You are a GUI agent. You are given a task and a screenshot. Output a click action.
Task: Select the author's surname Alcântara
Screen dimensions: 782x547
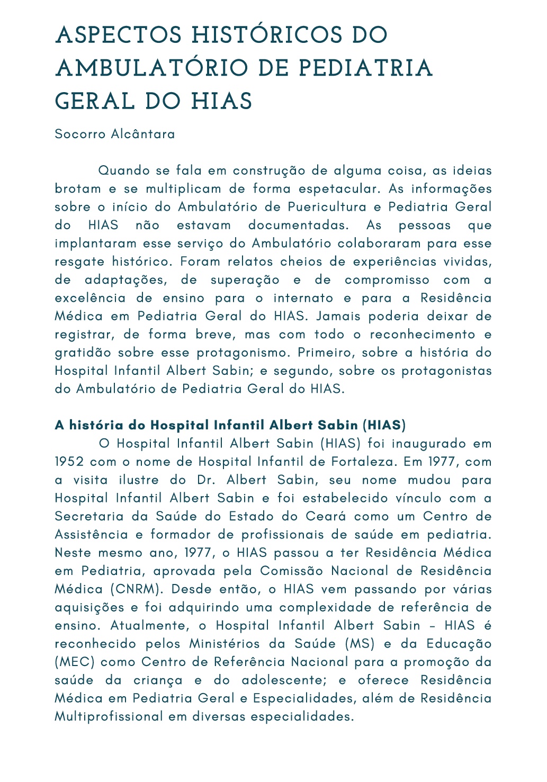(143, 134)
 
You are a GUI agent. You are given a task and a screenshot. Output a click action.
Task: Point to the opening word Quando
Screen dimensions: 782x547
(124, 170)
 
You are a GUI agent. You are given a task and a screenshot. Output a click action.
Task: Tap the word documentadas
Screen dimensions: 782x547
(299, 225)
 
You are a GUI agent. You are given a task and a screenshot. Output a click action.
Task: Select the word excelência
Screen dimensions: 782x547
(90, 298)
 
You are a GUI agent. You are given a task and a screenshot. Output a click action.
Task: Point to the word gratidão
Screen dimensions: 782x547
(83, 353)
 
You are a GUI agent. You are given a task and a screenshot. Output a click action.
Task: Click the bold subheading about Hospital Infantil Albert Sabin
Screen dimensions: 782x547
(230, 425)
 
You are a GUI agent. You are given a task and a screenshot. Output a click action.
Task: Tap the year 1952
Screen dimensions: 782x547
(69, 462)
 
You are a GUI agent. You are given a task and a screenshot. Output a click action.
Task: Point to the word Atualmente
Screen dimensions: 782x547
(149, 625)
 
